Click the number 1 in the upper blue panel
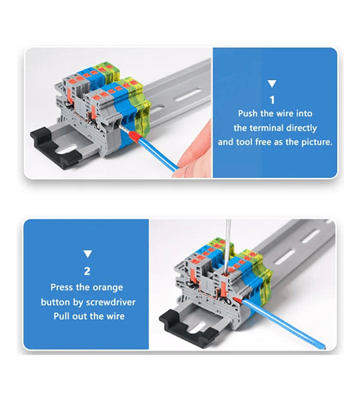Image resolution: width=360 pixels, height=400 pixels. (272, 100)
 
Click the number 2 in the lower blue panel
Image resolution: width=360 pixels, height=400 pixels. (87, 271)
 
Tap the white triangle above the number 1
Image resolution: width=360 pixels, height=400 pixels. (272, 84)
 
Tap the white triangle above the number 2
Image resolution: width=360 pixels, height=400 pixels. (88, 254)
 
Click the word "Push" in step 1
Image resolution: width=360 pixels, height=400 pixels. (248, 113)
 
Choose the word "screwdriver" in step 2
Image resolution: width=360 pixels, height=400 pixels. (111, 302)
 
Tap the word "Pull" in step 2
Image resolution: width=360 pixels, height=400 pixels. (61, 316)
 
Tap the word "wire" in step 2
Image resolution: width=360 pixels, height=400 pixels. (115, 316)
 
